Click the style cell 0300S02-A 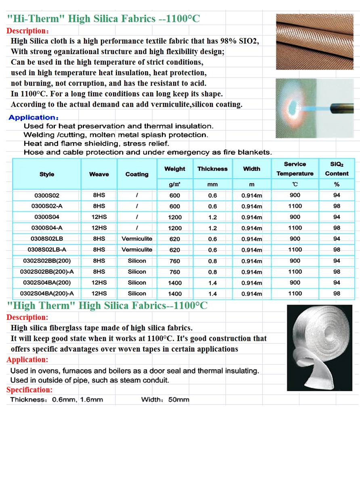pos(47,206)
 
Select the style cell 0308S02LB pos(47,239)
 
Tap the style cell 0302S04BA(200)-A pos(47,294)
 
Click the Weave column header pos(99,174)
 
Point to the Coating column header pos(137,174)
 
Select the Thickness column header pos(212,169)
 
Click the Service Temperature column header pos(295,169)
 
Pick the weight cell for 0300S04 pos(175,217)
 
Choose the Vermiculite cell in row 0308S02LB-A pos(137,250)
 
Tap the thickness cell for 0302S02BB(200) pos(212,261)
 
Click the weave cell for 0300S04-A pos(99,228)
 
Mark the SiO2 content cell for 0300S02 pos(337,195)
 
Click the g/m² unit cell pos(175,185)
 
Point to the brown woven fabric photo pos(314,41)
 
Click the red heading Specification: pos(29,390)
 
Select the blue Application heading pos(33,118)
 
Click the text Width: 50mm pos(165,400)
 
